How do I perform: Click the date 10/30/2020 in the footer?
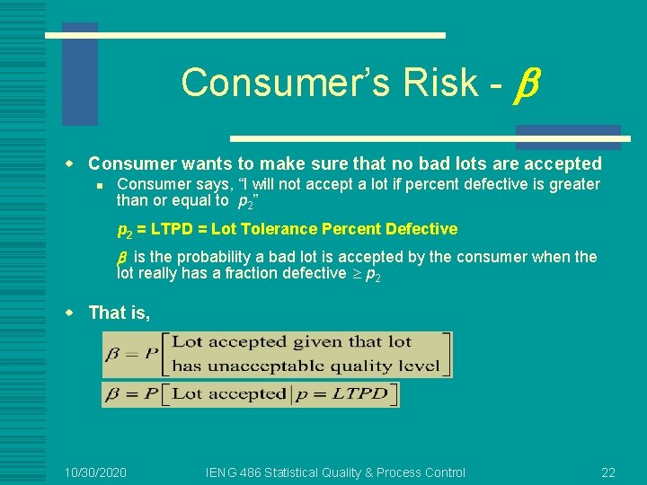point(96,472)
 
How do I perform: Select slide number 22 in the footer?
point(608,472)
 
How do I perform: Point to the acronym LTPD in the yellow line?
point(177,229)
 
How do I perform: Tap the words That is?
point(120,313)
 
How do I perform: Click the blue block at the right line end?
point(568,136)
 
